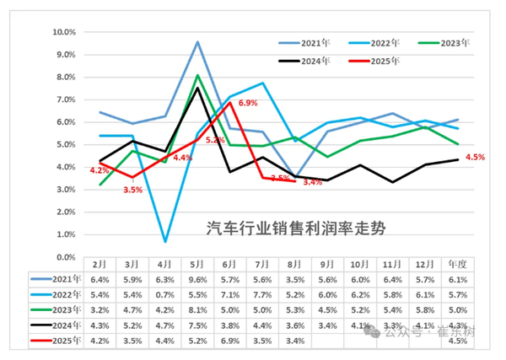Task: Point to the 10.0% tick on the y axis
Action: tap(64, 32)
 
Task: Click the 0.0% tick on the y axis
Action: tap(66, 257)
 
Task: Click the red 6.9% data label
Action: tap(248, 103)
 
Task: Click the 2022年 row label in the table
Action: tap(63, 294)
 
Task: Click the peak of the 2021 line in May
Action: tap(197, 41)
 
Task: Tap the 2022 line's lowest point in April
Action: tap(165, 241)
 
